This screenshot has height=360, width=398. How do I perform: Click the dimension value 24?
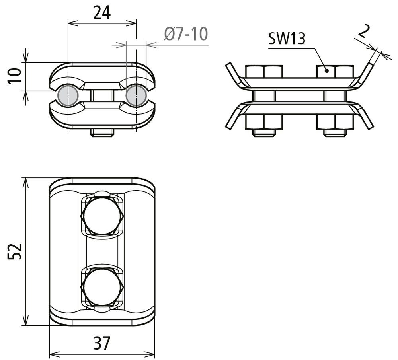click(102, 13)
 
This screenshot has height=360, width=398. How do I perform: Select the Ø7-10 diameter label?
click(186, 34)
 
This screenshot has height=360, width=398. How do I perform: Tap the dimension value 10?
click(14, 76)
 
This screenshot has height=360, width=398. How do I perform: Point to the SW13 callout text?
click(287, 39)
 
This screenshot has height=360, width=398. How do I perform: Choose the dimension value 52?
click(14, 251)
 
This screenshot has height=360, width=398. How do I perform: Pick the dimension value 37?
click(102, 343)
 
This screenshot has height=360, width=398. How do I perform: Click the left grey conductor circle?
click(68, 95)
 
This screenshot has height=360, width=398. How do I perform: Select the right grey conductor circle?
click(136, 95)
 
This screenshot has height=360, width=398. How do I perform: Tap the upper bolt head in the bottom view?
click(102, 216)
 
